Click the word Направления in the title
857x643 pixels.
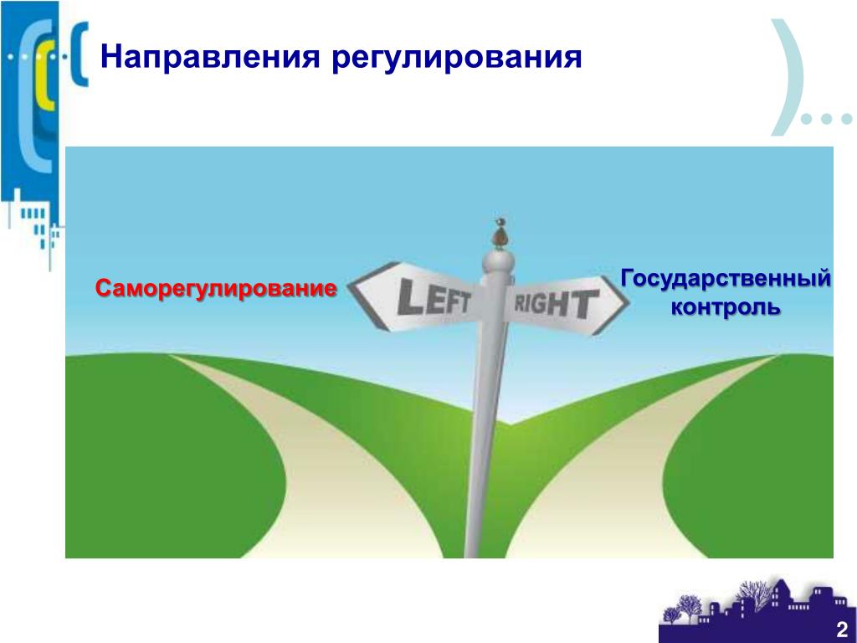[209, 58]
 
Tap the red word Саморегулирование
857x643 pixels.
[216, 289]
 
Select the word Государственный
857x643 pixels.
[726, 279]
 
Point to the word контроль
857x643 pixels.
[726, 307]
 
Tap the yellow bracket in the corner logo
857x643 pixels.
[43, 82]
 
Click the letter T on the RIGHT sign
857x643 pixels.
[585, 304]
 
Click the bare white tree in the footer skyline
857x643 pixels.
[753, 594]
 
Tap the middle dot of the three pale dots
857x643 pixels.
[826, 117]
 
